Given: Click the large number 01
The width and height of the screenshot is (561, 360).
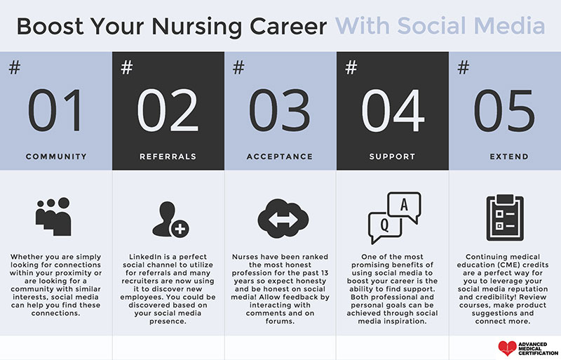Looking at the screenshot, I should [x=56, y=112].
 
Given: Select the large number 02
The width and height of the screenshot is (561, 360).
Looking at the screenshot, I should [x=168, y=112].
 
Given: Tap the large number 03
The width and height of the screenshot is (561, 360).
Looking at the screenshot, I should [x=280, y=112].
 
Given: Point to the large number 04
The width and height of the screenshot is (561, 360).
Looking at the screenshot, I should [x=393, y=112].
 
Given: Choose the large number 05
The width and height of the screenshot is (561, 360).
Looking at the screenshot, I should [x=505, y=112].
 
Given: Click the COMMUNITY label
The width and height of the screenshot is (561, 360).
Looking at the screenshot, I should [x=56, y=156].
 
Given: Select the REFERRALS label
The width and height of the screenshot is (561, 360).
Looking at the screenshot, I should [x=168, y=156].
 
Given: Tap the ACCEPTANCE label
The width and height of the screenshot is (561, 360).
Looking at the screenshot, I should [x=280, y=156].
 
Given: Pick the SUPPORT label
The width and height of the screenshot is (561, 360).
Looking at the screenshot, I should [x=393, y=156].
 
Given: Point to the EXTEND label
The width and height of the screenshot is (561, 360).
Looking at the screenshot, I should [x=505, y=156].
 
